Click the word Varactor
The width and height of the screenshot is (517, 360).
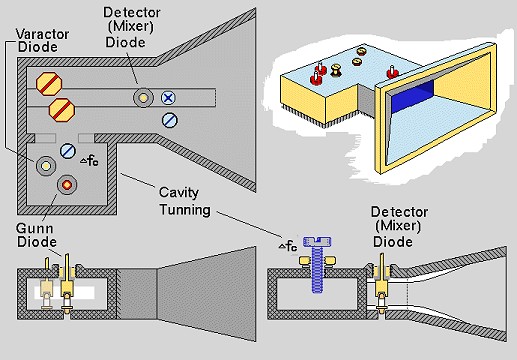[x=42, y=34]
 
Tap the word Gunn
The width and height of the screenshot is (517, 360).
[x=34, y=228]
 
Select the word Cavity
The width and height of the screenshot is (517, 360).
[x=179, y=193]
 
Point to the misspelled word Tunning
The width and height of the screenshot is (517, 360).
[x=185, y=210]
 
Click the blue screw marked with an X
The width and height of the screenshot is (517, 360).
[x=168, y=98]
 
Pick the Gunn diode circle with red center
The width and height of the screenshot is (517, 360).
[x=67, y=184]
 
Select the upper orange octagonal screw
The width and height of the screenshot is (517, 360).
[x=49, y=84]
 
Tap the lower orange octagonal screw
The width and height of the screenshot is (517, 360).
[x=62, y=110]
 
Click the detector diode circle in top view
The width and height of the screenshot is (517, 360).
[x=143, y=98]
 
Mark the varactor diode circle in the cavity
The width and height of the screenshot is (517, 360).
[x=46, y=166]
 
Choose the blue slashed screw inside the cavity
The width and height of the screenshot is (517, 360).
[x=68, y=151]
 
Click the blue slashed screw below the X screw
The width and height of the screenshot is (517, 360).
[x=170, y=120]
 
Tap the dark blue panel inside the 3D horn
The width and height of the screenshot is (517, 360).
[x=413, y=98]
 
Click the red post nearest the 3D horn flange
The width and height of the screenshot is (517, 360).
[x=392, y=72]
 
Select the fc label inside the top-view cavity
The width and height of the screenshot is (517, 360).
[x=90, y=161]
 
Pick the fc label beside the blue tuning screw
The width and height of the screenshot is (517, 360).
[x=288, y=246]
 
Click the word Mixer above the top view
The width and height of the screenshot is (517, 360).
[x=133, y=27]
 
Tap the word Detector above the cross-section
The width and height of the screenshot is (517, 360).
[x=399, y=212]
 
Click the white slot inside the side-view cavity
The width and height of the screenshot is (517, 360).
[x=64, y=293]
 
